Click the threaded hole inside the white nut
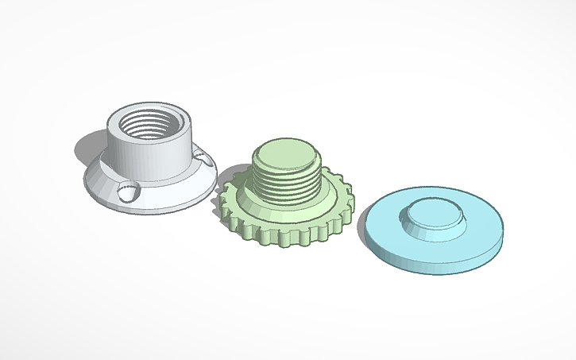(x=149, y=124)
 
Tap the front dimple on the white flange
(x=127, y=190)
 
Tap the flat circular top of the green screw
(x=284, y=153)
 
